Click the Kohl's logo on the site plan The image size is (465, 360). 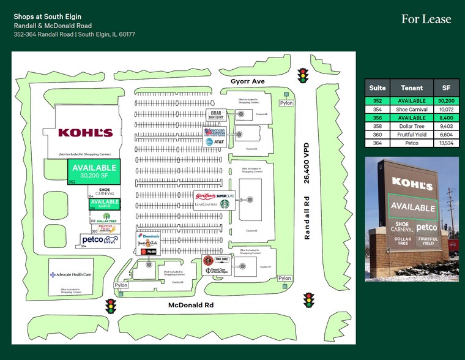click(85, 133)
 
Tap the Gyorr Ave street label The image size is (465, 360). click(247, 81)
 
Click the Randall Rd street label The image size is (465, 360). click(308, 217)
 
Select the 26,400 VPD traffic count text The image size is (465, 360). click(308, 162)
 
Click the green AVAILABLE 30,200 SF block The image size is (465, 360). click(94, 171)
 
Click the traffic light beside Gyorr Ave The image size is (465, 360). click(302, 75)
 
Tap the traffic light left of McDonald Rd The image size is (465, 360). click(111, 306)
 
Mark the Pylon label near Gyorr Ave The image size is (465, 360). click(286, 103)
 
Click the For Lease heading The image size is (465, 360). click(426, 20)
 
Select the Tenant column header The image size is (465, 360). click(412, 88)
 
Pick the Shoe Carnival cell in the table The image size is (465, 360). click(412, 109)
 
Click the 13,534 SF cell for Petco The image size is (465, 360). click(446, 143)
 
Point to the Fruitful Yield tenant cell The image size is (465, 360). click(412, 135)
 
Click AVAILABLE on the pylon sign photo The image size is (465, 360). click(412, 207)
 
